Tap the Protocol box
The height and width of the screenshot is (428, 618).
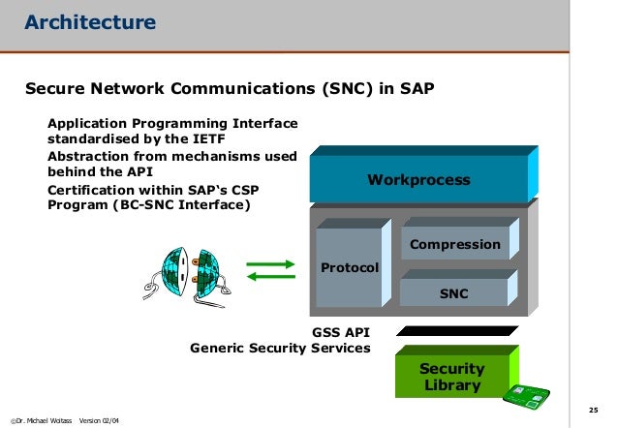point(350,266)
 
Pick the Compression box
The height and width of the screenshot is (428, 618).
point(454,244)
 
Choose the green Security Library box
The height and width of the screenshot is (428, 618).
point(451,378)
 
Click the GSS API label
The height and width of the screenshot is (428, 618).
point(340,331)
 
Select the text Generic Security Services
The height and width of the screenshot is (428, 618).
point(280,348)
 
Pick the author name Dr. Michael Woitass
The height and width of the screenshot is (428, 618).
point(41,420)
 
